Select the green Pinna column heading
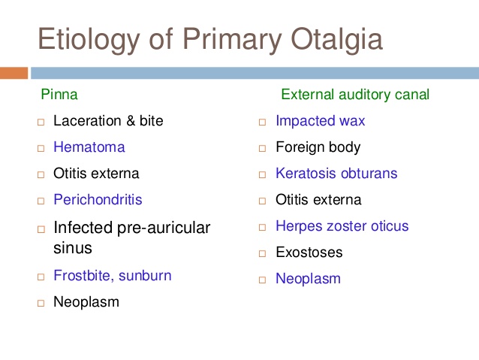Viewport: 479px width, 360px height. [59, 94]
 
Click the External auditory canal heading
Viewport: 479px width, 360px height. [355, 94]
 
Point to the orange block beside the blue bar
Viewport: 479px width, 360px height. [14, 73]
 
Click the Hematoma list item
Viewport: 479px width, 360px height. [89, 147]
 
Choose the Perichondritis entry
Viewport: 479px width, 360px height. [98, 200]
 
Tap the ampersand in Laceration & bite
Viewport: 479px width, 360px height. [131, 120]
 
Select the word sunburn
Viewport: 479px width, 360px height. [145, 276]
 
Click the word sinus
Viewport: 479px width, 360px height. [73, 248]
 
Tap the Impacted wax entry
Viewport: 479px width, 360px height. [321, 121]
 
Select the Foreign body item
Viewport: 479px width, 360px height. [318, 147]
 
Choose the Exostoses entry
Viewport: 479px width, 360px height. [309, 253]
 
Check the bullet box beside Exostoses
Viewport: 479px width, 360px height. [262, 253]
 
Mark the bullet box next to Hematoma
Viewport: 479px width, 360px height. [41, 148]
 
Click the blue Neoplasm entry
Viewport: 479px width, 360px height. [309, 279]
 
